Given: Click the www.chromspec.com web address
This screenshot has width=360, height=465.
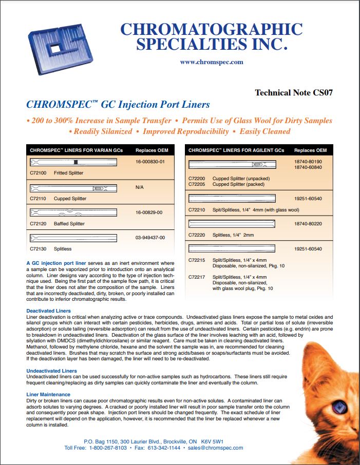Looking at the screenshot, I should pyautogui.click(x=212, y=62).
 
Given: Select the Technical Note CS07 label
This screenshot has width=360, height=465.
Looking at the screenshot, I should pyautogui.click(x=294, y=93).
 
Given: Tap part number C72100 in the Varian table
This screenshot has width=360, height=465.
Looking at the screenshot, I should pyautogui.click(x=38, y=173).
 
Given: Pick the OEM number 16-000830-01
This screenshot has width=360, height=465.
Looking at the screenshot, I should pyautogui.click(x=150, y=161).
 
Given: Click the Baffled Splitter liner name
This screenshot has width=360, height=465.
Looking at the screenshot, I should pyautogui.click(x=69, y=224).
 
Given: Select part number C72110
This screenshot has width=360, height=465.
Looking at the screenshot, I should pyautogui.click(x=38, y=199).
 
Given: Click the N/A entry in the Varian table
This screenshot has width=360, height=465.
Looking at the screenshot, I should pyautogui.click(x=139, y=187).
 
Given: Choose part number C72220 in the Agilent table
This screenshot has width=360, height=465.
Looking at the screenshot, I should pyautogui.click(x=197, y=235).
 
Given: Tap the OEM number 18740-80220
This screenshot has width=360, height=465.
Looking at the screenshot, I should pyautogui.click(x=308, y=224).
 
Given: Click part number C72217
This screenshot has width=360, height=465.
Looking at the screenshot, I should pyautogui.click(x=197, y=277).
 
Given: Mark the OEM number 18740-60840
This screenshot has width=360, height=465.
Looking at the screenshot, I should pyautogui.click(x=308, y=167).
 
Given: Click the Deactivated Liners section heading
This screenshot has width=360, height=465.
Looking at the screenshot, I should pyautogui.click(x=49, y=311).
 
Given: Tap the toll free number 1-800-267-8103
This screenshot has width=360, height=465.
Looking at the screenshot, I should pyautogui.click(x=108, y=448).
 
